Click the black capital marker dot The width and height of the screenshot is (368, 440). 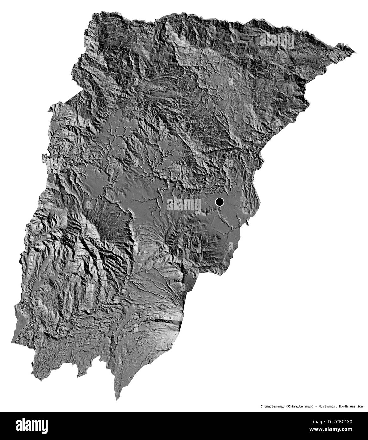tap(219, 202)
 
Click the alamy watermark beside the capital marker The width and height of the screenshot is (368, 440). tap(184, 205)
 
